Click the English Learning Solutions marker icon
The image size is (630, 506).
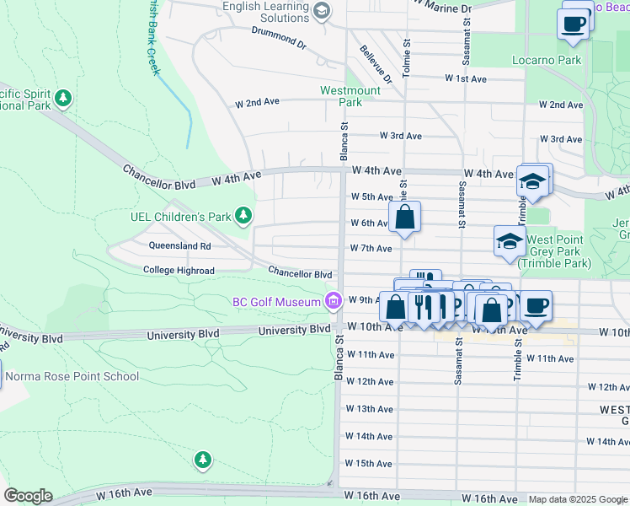pos(321,12)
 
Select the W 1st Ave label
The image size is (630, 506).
pos(466,78)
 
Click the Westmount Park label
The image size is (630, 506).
pos(350,96)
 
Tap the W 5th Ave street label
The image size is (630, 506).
pos(371,196)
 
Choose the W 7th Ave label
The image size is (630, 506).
pos(371,249)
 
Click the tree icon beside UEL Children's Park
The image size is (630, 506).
pos(243,217)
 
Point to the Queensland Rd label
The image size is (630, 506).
pos(179,246)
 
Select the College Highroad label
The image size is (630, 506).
pos(179,271)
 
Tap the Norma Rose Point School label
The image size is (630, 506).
pos(72,376)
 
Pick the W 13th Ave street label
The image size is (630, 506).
pos(369,409)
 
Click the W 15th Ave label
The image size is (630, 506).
pos(369,464)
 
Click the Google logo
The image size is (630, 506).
pos(28,496)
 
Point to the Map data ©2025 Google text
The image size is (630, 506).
pos(578,499)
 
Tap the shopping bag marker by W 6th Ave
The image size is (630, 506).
pos(404,217)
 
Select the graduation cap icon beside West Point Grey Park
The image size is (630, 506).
pos(509,241)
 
